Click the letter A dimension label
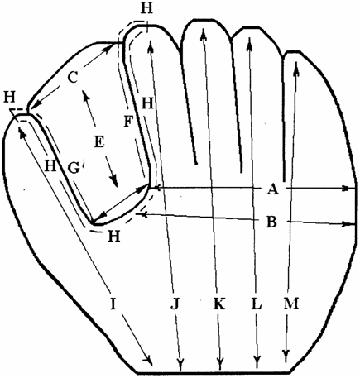272,189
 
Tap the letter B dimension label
271,222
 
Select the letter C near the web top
73,78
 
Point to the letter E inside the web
99,142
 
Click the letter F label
128,122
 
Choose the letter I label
113,304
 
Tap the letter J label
175,304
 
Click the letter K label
219,304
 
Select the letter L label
257,304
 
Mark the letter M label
291,304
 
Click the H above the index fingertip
146,8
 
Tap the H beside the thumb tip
10,98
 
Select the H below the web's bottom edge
114,236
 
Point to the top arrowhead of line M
296,67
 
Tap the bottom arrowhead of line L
257,362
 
